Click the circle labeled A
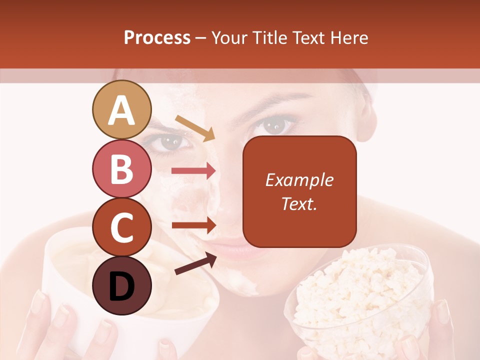coord(122,110)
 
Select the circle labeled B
coord(122,169)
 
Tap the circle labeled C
coord(122,227)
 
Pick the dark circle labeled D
coord(122,285)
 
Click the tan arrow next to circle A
coord(195,128)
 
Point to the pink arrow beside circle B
coord(193,171)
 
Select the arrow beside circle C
coord(193,225)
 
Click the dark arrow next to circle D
coord(195,263)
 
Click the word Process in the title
coord(157,38)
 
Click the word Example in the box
coord(299,180)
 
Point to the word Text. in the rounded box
coord(299,203)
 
